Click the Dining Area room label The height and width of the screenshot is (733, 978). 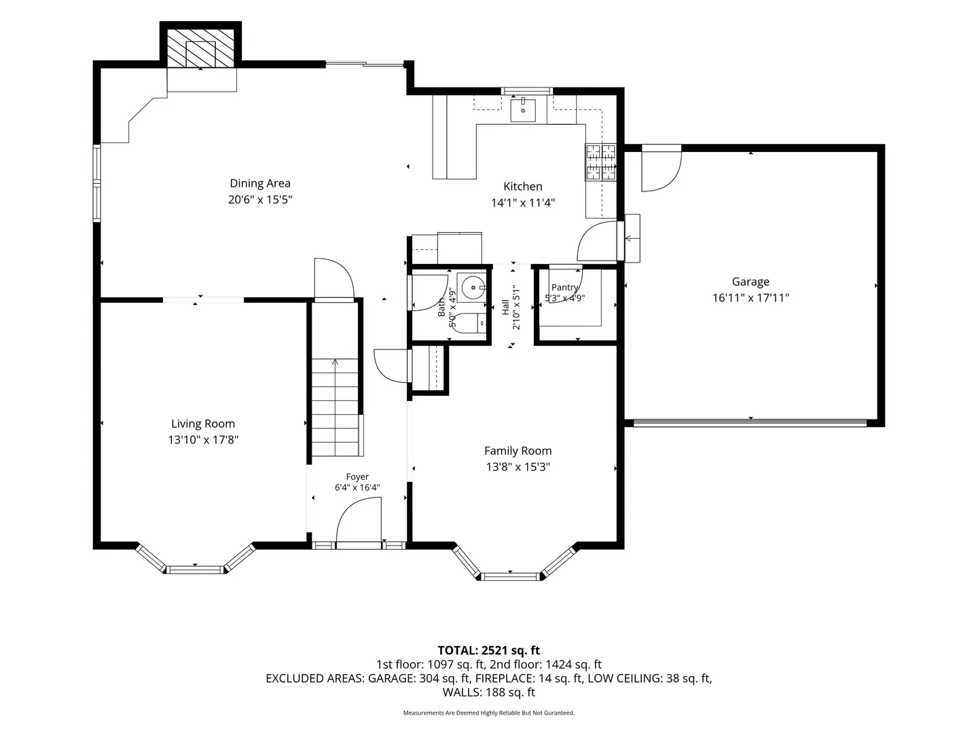tap(259, 183)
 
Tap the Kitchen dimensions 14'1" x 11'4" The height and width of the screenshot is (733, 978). tap(523, 203)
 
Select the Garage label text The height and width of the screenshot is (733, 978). tap(750, 282)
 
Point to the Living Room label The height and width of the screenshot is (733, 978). tap(202, 424)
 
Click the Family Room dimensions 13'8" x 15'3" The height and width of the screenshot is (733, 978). tap(518, 467)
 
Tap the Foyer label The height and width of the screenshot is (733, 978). tap(357, 477)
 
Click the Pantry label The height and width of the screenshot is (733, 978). tap(564, 288)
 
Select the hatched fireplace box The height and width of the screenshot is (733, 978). tap(200, 48)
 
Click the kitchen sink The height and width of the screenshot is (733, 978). tap(523, 109)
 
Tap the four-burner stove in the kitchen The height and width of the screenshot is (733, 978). tap(601, 162)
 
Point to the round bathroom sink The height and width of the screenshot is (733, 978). tap(472, 288)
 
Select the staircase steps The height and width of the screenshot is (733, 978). tap(335, 407)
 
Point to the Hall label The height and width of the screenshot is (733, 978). tap(506, 307)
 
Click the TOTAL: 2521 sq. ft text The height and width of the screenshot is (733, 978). tap(489, 650)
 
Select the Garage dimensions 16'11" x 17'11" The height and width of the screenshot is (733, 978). tap(750, 298)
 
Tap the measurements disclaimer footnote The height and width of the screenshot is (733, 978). tap(489, 713)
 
